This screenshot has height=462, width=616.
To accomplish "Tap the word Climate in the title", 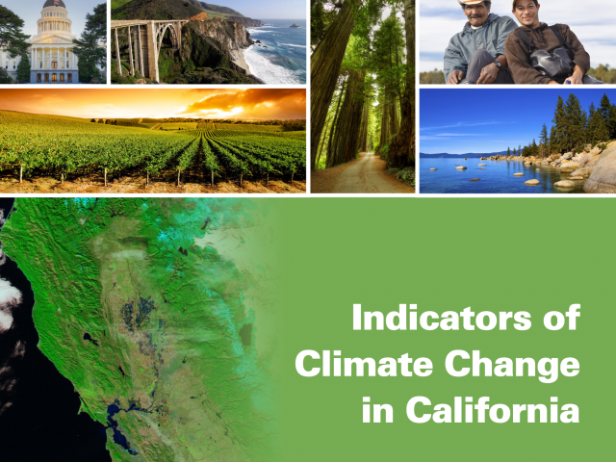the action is click(364, 364).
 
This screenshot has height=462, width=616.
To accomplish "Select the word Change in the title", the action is click(512, 366).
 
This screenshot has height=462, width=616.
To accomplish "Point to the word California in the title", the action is click(493, 409).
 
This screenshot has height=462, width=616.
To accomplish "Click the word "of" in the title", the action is click(562, 317).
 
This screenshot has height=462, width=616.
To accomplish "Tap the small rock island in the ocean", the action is click(295, 26).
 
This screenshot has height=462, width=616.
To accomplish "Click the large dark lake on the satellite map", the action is click(246, 334).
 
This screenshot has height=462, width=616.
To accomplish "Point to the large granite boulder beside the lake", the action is click(602, 169).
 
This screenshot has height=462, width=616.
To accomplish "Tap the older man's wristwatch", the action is click(498, 64).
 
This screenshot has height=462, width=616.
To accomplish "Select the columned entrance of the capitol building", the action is click(54, 60).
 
